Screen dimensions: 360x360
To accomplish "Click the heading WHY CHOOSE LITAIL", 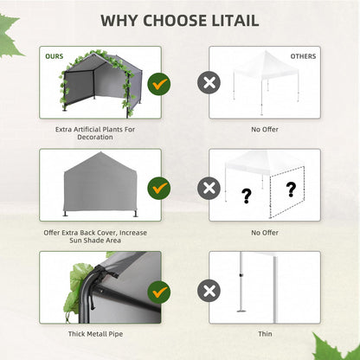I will click(x=180, y=20).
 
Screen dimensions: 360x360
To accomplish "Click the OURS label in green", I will click(x=54, y=56).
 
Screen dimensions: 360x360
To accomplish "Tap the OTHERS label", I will click(x=303, y=56).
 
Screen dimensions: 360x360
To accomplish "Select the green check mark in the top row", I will click(x=159, y=84).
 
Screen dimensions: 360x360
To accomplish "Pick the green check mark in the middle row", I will click(x=159, y=187).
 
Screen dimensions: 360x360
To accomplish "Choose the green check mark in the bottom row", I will click(x=159, y=289).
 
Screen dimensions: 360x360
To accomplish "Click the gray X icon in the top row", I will click(x=208, y=84).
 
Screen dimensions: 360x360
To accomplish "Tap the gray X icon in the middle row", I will click(x=208, y=187).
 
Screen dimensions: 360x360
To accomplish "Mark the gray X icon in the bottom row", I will click(x=208, y=289).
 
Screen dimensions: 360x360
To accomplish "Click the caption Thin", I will click(x=264, y=333).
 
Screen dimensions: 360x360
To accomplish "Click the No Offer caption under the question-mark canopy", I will click(x=264, y=231).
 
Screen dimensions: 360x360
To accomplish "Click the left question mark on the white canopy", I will click(x=247, y=196).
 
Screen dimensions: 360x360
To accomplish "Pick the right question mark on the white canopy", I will click(x=291, y=189).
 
